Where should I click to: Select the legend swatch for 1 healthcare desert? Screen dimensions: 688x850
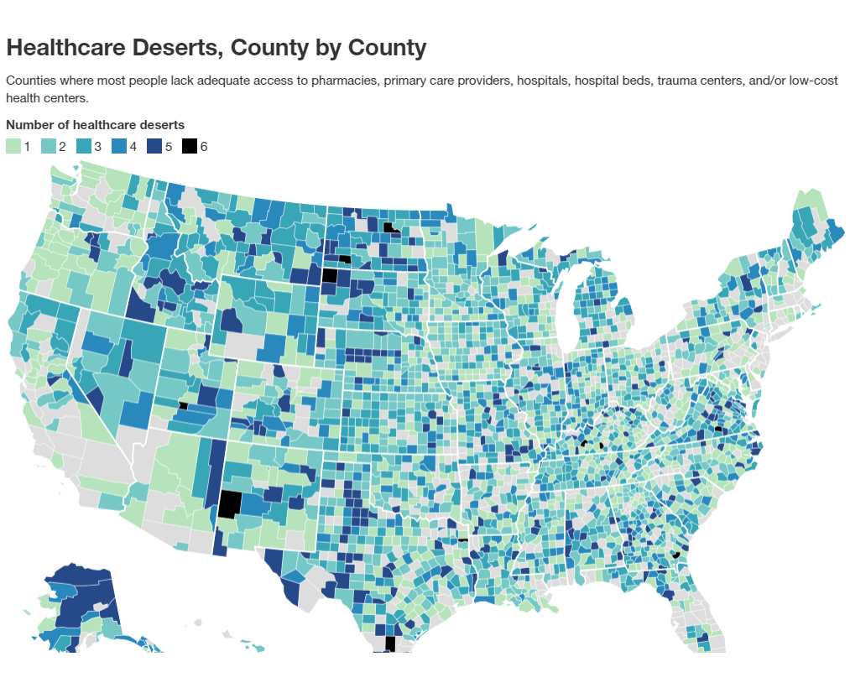(13, 147)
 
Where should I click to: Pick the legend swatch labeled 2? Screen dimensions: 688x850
(49, 147)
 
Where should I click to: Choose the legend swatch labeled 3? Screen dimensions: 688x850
(84, 147)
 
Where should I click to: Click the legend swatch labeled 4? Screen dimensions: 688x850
(119, 147)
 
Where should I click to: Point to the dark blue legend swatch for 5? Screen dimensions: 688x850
(154, 147)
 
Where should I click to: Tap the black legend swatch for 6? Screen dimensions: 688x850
(190, 147)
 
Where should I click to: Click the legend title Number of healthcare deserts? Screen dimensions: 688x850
(95, 125)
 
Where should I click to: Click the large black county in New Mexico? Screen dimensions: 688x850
(229, 504)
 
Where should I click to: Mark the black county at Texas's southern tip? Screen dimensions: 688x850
(388, 644)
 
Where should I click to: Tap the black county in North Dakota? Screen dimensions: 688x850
(389, 227)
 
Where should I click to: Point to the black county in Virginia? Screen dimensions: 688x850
(718, 429)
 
